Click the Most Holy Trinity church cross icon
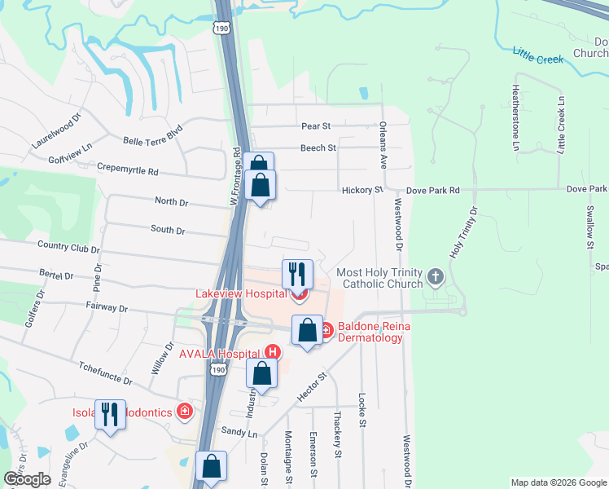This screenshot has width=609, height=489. coord(436,276)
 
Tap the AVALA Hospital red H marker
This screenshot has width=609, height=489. coord(273,353)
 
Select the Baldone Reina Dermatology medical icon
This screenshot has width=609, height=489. coord(326,330)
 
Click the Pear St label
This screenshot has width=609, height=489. coord(315,126)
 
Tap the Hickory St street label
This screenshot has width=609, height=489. coord(367,190)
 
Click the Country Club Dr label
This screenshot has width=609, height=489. coord(68,245)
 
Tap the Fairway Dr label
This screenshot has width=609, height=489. coord(107,309)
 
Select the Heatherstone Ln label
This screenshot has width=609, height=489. coord(516,118)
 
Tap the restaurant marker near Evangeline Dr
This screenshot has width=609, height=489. coord(109,415)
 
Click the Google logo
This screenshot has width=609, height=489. coord(28,479)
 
